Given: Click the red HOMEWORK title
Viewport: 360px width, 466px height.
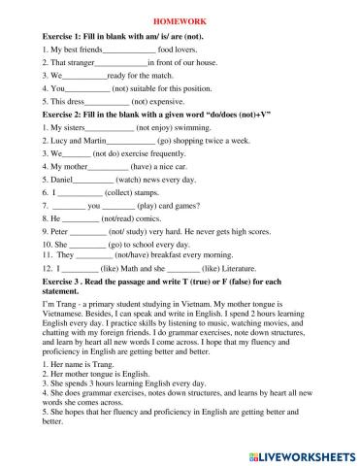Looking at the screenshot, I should click(x=180, y=18).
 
